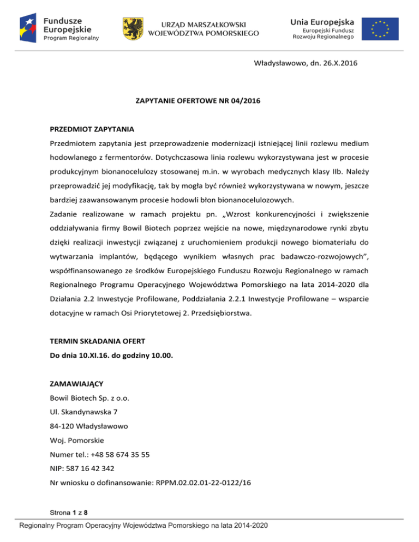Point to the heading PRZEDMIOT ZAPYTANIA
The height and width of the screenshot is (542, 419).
click(89, 130)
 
